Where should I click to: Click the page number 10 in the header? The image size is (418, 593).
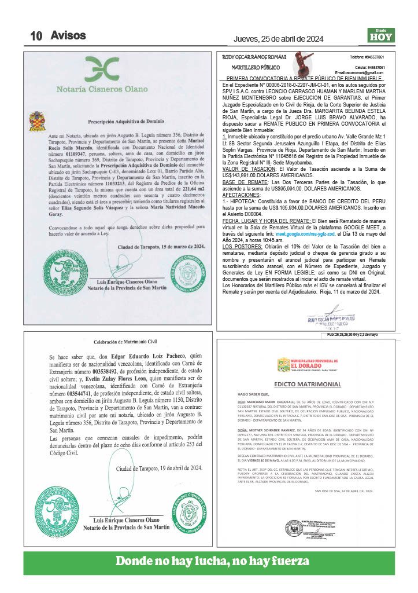36,36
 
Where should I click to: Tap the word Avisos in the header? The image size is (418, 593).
68,35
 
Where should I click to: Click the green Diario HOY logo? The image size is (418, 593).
380,36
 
